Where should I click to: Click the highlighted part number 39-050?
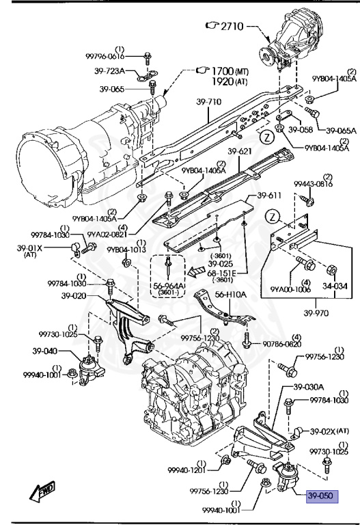[x=322, y=495]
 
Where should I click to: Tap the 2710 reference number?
[x=232, y=26]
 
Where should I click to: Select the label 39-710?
[x=209, y=101]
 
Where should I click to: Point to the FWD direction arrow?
[x=42, y=492]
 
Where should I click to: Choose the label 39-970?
[x=316, y=312]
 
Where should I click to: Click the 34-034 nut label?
[x=335, y=286]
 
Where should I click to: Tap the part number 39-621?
[x=240, y=151]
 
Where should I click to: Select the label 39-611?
[x=269, y=196]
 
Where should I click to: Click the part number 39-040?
[x=45, y=351]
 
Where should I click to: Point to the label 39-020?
[x=74, y=296]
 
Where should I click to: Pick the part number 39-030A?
[x=309, y=388]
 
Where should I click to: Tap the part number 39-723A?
[x=109, y=71]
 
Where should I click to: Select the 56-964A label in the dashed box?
[x=168, y=286]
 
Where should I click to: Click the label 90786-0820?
[x=281, y=344]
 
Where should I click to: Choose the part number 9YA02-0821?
[x=108, y=234]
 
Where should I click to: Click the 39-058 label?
[x=301, y=130]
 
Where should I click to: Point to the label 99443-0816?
[x=314, y=184]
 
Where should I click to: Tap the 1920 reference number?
[x=223, y=81]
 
